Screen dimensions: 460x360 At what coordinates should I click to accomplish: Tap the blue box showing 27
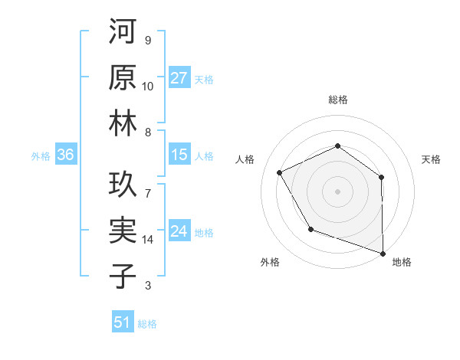pyautogui.click(x=179, y=78)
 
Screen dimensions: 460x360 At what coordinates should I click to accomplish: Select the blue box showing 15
pyautogui.click(x=179, y=155)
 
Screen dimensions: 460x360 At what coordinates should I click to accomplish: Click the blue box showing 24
pyautogui.click(x=179, y=232)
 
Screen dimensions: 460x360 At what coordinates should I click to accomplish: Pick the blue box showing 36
pyautogui.click(x=66, y=155)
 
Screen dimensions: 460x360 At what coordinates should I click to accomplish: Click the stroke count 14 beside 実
pyautogui.click(x=148, y=240)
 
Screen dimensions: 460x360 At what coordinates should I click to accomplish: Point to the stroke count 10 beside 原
pyautogui.click(x=148, y=86)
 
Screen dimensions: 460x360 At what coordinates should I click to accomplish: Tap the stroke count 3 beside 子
pyautogui.click(x=147, y=286)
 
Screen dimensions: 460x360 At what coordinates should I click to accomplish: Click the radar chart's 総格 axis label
pyautogui.click(x=338, y=100)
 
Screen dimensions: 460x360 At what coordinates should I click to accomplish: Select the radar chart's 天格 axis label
pyautogui.click(x=431, y=159)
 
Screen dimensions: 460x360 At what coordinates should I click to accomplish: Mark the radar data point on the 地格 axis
pyautogui.click(x=383, y=252)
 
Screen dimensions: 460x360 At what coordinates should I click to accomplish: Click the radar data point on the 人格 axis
pyautogui.click(x=280, y=172)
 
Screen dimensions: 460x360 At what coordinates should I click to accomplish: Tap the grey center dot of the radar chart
pyautogui.click(x=337, y=191)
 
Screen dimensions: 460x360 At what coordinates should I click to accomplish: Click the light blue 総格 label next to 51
pyautogui.click(x=147, y=324)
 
